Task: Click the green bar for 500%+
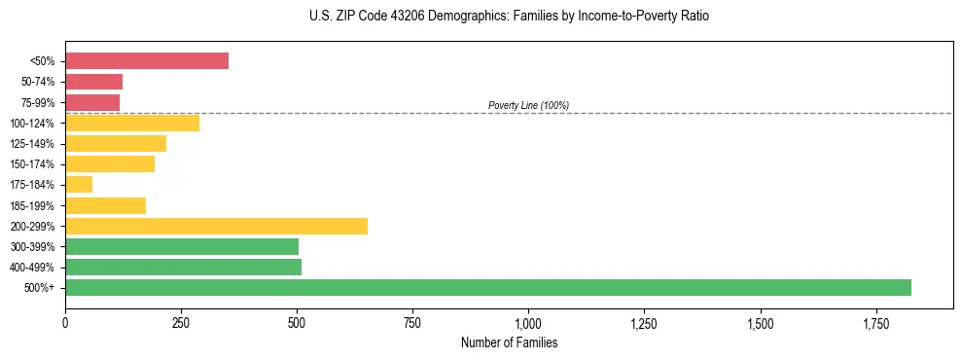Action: coord(487,288)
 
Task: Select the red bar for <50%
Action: coord(147,61)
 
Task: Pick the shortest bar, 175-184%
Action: coord(79,185)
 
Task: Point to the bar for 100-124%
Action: coord(132,124)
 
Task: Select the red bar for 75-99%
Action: coord(92,102)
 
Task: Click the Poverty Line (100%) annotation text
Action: coord(528,105)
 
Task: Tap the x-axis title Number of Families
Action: coord(509,343)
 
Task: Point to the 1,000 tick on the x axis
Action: coord(528,322)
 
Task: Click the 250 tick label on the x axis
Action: coord(181,322)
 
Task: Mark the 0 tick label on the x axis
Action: coord(65,322)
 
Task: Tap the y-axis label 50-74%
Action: coord(38,82)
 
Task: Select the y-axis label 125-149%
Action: coord(35,144)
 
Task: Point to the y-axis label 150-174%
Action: coord(35,164)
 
